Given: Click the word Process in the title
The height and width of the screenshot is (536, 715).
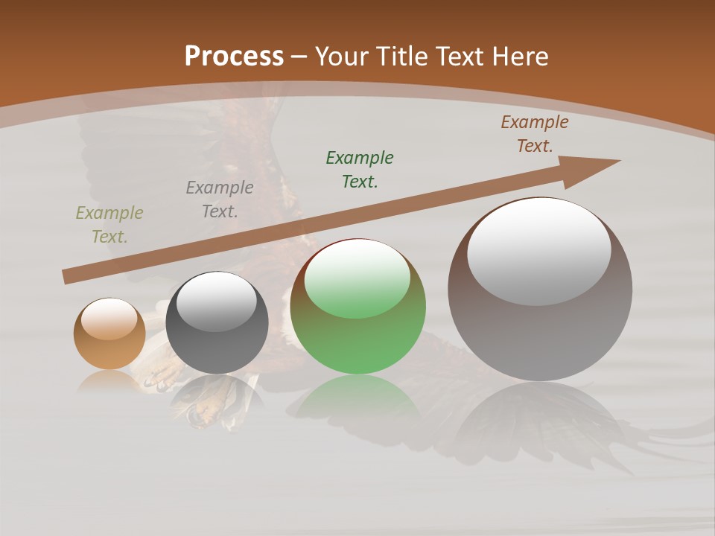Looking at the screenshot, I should [234, 56].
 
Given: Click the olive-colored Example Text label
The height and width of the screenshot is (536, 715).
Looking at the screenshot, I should [109, 225].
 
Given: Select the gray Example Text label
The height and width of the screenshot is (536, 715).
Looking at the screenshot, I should [220, 200].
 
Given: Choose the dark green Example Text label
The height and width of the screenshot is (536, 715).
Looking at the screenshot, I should [360, 169].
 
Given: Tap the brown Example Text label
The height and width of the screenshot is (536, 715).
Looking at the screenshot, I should [535, 134].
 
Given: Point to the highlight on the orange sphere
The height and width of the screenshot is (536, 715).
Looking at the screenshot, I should [109, 319].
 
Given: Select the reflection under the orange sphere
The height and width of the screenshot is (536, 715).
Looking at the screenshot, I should [109, 381].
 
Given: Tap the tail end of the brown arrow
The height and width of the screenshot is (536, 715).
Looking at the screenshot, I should [69, 277].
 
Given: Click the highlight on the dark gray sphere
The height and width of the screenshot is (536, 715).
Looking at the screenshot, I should [217, 301].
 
